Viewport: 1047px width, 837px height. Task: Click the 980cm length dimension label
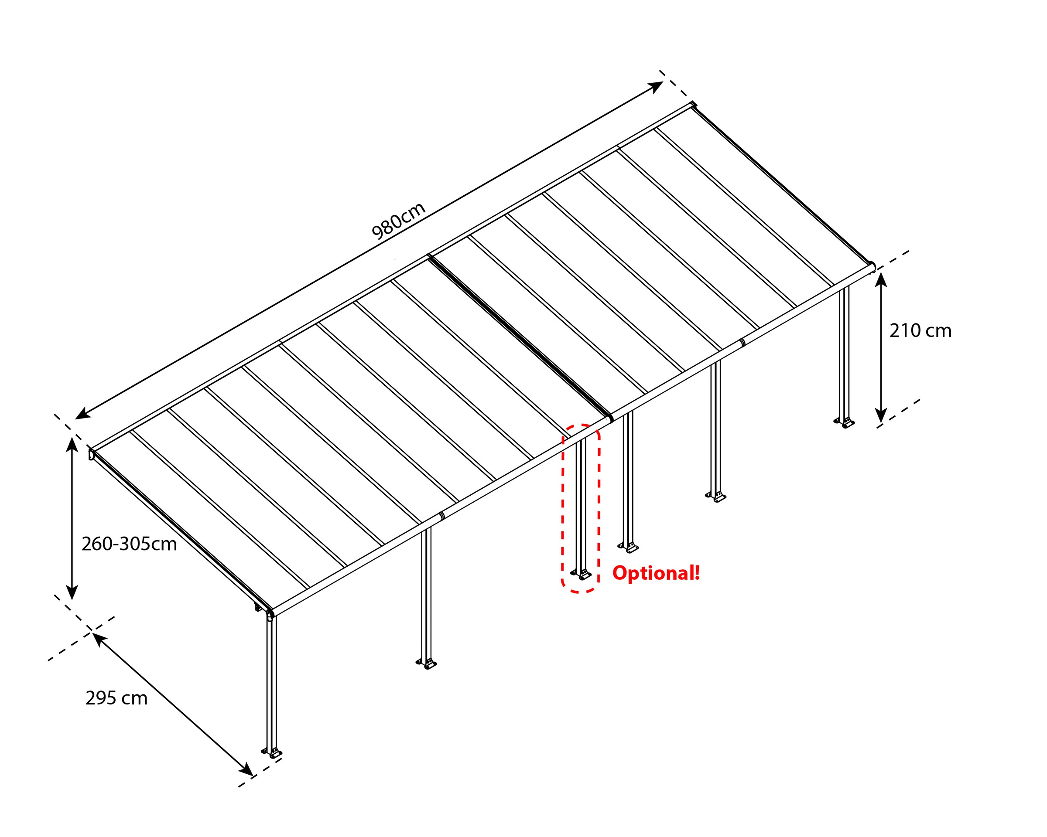pos(398,221)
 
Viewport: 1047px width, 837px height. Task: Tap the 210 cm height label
pos(920,331)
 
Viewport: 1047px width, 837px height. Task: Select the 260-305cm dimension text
pos(129,544)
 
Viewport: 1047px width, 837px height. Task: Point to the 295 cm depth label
pos(116,698)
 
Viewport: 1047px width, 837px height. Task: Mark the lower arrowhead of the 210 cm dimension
pos(881,416)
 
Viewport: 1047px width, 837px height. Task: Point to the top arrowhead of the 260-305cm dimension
pos(72,444)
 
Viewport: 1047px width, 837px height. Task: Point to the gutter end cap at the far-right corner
pos(872,266)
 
